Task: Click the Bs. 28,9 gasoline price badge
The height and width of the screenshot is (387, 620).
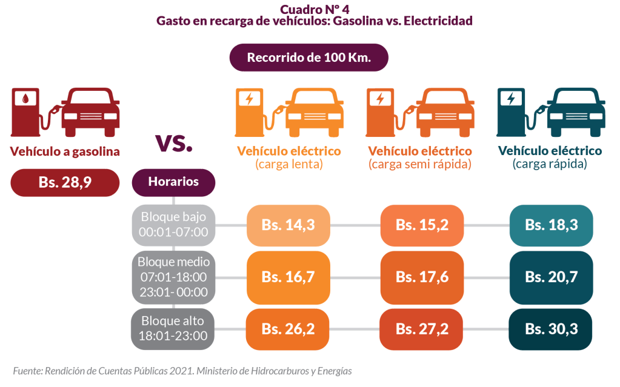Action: tap(65, 183)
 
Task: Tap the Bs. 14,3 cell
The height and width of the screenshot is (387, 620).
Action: tap(288, 225)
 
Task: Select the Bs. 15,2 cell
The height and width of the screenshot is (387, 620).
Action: tap(422, 225)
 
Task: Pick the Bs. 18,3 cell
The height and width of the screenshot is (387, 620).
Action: tap(551, 225)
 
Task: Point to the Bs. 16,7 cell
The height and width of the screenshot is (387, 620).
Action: tap(288, 277)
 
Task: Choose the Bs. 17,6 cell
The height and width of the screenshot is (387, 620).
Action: tap(422, 277)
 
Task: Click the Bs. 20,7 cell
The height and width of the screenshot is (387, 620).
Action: tap(551, 277)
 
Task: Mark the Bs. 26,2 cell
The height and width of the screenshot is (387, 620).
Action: tap(288, 329)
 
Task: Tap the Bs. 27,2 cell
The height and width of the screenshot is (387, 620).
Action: tap(422, 329)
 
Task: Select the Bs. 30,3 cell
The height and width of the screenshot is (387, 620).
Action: tap(551, 329)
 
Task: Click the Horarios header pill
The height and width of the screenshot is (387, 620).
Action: tap(173, 182)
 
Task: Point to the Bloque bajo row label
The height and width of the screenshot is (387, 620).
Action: tap(173, 224)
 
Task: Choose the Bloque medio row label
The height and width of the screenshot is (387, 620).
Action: tap(173, 277)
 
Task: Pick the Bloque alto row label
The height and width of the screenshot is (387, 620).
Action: tap(173, 328)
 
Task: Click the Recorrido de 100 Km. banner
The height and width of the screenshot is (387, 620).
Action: tap(308, 58)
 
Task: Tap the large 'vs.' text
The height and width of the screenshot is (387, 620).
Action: tap(174, 142)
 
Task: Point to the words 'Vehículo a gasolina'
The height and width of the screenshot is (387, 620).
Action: tap(65, 151)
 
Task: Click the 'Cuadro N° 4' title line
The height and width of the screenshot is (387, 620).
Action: tap(315, 9)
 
